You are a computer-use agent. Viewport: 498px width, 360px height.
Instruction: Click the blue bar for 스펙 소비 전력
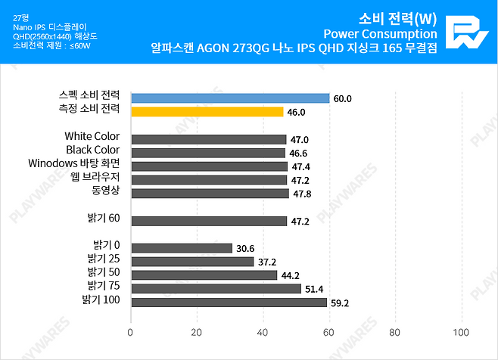pos(230,98)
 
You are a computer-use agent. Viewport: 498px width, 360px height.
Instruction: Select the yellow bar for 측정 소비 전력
pos(207,112)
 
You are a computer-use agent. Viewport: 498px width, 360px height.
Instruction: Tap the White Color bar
pos(208,139)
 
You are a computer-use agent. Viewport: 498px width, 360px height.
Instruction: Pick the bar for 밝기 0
pos(181,248)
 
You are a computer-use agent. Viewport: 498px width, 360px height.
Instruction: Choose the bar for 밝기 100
pos(229,303)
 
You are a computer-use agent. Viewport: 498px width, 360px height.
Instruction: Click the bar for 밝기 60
pos(209,221)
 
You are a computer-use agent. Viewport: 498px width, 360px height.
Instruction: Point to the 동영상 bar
pos(210,194)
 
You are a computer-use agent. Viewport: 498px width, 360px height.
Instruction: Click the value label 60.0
pos(342,98)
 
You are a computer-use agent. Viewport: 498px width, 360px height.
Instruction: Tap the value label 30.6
pos(244,248)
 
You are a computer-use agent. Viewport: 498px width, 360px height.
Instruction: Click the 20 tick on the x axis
pos(197,332)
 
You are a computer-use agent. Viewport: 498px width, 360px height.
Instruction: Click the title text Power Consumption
pos(379,33)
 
